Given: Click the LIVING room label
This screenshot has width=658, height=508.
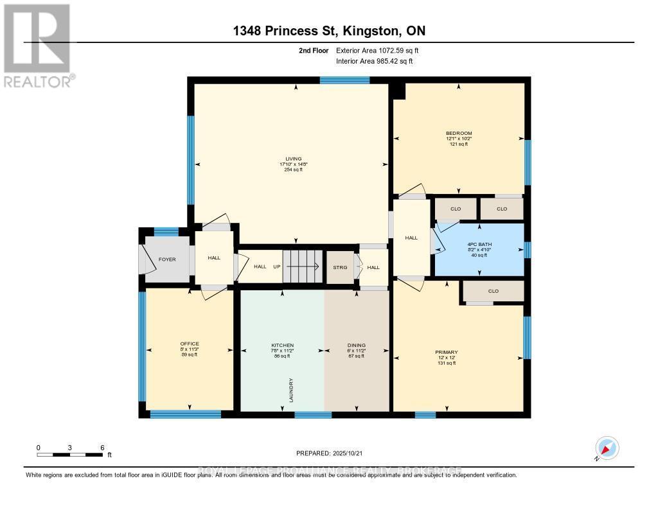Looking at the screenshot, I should (294, 159).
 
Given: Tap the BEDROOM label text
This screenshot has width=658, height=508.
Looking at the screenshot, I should (459, 133).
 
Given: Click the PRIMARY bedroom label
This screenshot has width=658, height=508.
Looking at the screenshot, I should (446, 352).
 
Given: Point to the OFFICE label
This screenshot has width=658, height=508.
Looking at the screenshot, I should (190, 344).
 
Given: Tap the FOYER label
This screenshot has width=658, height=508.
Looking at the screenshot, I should (166, 259).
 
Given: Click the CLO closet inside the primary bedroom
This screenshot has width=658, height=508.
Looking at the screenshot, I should (493, 291).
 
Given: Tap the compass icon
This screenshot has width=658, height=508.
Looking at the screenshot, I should (607, 448).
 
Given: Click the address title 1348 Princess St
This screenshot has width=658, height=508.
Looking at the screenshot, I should (328, 31).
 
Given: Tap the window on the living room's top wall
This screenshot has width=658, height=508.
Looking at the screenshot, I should (344, 80).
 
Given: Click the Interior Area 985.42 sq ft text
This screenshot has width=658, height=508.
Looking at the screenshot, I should (375, 61).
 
